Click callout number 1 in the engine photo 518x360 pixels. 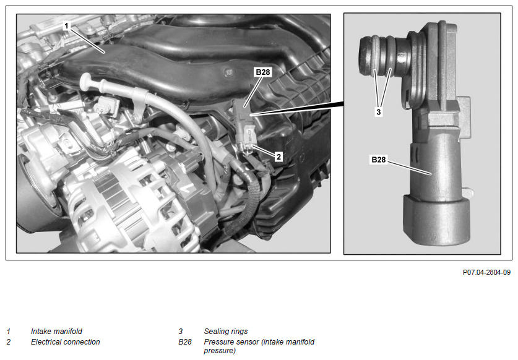point(66,26)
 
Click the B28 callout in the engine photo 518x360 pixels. point(263,72)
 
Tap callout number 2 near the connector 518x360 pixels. point(279,156)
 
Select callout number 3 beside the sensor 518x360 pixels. point(379,112)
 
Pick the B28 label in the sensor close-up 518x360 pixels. point(379,160)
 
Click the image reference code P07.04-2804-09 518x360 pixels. point(486,273)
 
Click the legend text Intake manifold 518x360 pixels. point(56,332)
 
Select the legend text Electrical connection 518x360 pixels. point(65,342)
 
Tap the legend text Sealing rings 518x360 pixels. point(226,332)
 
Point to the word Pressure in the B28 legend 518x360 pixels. point(217,342)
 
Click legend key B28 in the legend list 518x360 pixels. point(184,342)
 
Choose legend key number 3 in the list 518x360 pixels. point(180,332)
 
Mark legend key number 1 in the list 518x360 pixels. point(8,332)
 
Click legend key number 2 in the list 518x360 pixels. point(8,342)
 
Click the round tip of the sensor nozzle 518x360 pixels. point(365,56)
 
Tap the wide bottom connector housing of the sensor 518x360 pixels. point(436,220)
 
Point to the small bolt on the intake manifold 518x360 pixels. point(228,72)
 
